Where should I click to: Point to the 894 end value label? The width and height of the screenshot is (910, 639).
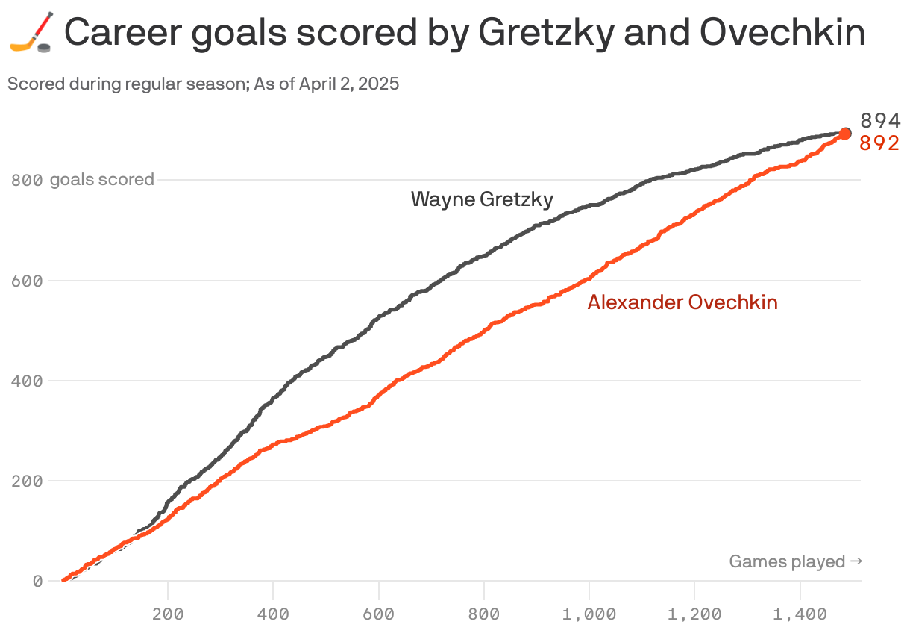880,121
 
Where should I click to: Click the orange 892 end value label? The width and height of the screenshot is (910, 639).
879,143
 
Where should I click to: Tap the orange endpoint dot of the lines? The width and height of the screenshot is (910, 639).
845,134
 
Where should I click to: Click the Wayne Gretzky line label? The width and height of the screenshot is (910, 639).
482,199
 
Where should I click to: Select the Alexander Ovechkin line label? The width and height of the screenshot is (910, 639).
682,302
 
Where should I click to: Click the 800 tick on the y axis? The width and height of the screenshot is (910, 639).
27,180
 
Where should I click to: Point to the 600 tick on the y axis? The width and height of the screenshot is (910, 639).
27,281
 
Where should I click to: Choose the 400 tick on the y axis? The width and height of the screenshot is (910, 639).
27,381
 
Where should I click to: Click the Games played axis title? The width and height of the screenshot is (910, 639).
795,561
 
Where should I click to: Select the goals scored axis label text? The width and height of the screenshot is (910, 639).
102,180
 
